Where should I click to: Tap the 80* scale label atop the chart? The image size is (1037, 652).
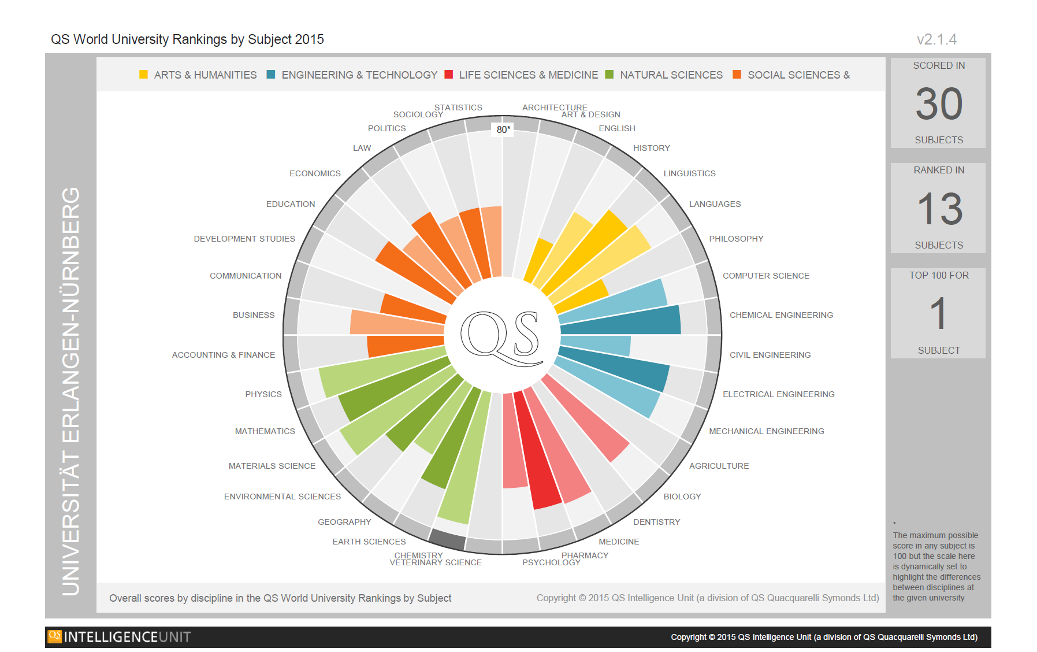click(503, 129)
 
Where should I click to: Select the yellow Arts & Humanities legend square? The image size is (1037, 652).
click(143, 75)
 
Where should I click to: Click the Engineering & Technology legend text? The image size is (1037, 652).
click(359, 75)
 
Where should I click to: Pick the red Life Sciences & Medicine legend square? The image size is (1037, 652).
click(449, 75)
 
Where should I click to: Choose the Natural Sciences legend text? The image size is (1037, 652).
click(671, 75)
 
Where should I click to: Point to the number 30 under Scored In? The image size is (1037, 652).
click(939, 104)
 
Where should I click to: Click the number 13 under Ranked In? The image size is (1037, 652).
click(939, 209)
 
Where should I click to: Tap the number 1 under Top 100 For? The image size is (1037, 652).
click(939, 314)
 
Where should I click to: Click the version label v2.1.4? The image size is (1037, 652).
click(936, 39)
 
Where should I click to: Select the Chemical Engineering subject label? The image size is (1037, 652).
click(781, 315)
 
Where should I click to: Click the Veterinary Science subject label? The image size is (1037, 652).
click(436, 563)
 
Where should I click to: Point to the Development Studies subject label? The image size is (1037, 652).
click(244, 239)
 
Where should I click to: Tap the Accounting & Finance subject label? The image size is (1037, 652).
click(224, 355)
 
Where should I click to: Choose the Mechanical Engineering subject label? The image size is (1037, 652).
click(766, 431)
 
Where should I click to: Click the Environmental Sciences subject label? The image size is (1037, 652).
click(283, 497)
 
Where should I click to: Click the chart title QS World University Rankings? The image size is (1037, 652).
click(187, 39)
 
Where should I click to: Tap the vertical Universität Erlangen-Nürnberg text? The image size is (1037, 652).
click(71, 391)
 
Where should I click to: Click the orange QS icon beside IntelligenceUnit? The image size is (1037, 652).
click(55, 636)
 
